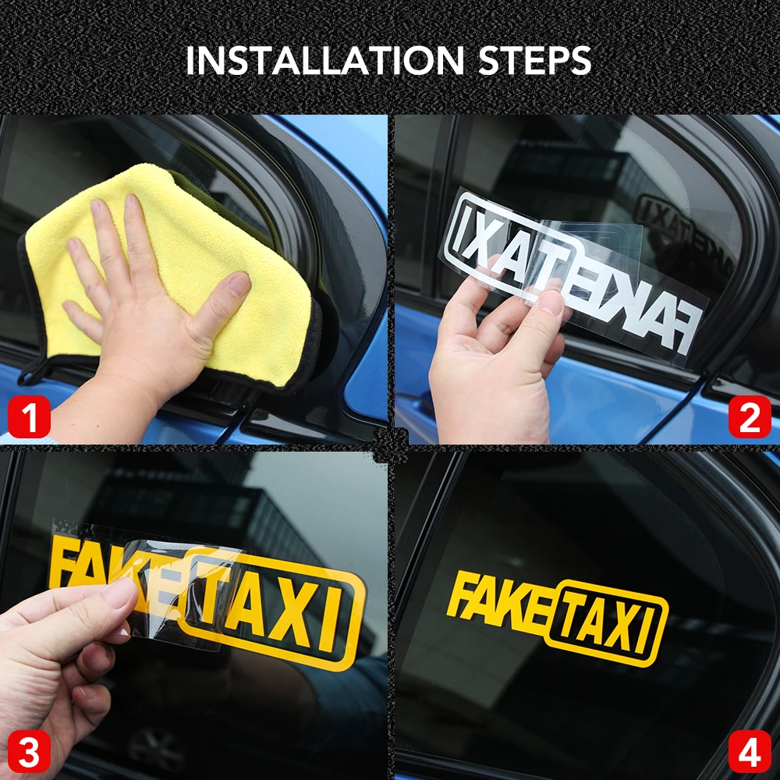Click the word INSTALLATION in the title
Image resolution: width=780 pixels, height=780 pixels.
(x=325, y=61)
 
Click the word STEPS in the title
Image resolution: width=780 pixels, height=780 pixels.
(x=535, y=61)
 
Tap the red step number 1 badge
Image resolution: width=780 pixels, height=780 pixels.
(x=30, y=417)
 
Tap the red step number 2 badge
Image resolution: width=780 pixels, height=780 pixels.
(x=750, y=417)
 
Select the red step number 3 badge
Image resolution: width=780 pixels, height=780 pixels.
(x=30, y=751)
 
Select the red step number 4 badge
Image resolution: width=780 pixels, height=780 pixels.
(x=750, y=751)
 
